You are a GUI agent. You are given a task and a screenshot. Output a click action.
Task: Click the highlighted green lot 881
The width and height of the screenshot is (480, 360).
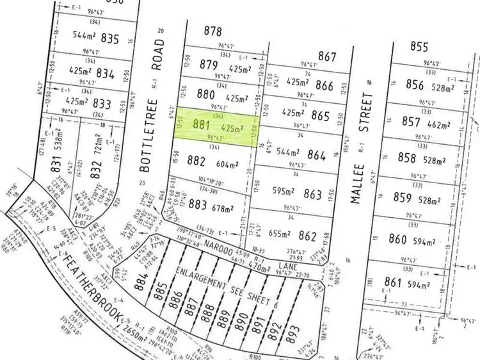click(x=217, y=126)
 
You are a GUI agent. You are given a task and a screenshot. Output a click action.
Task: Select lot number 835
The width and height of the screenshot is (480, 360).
click(x=110, y=38)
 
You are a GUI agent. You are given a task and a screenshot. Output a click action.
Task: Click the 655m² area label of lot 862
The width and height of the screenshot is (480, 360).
click(x=282, y=235)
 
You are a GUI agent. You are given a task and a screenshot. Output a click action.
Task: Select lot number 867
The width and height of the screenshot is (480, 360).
click(x=327, y=56)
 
